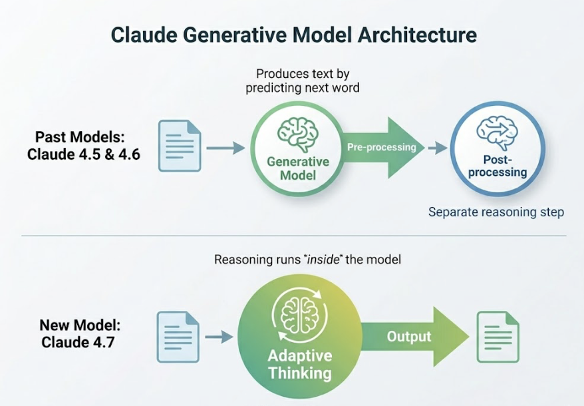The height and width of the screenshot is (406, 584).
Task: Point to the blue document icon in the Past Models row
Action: pyautogui.click(x=179, y=146)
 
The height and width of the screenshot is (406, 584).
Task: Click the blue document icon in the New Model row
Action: pyautogui.click(x=178, y=337)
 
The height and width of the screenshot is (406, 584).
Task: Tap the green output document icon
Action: pyautogui.click(x=498, y=337)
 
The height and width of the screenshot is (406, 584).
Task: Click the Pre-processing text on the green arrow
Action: pyautogui.click(x=381, y=147)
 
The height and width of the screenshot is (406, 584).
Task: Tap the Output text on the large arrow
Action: pyautogui.click(x=409, y=337)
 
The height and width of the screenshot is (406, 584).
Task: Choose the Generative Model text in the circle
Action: pyautogui.click(x=298, y=169)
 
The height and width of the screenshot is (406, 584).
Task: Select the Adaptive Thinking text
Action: pyautogui.click(x=299, y=363)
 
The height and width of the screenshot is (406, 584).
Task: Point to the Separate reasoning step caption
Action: pyautogui.click(x=496, y=212)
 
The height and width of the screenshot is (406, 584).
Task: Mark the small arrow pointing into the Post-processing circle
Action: pyautogui.click(x=437, y=147)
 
